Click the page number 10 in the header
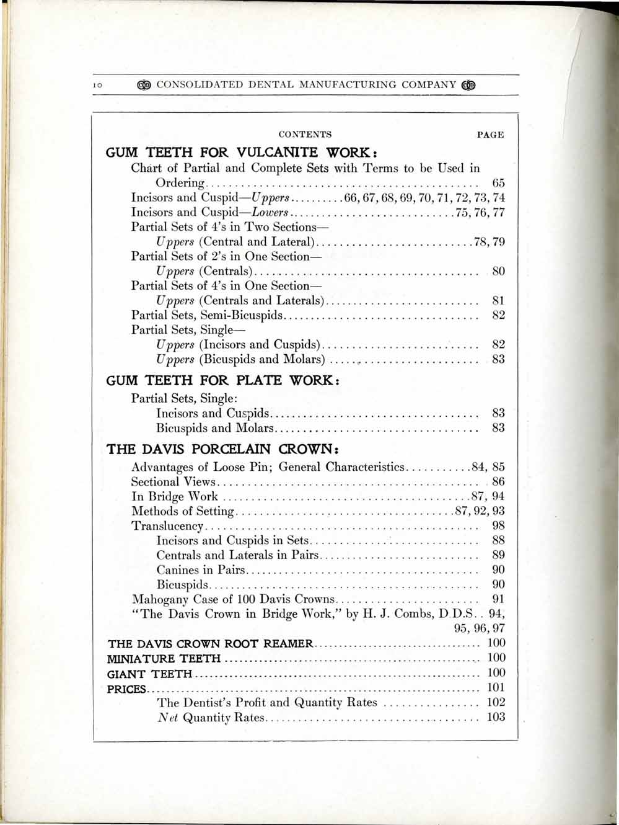(x=97, y=85)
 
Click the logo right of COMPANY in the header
(x=469, y=85)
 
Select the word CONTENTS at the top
(x=305, y=135)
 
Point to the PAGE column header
(x=490, y=135)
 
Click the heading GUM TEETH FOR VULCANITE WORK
(x=239, y=152)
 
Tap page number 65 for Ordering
(x=498, y=183)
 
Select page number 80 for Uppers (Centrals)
(x=498, y=271)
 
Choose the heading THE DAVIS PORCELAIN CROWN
(x=225, y=448)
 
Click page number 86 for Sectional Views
(x=498, y=481)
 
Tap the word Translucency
(x=167, y=526)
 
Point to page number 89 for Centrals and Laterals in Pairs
(x=498, y=555)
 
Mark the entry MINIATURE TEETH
(x=164, y=658)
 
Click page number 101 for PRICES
(x=496, y=687)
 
